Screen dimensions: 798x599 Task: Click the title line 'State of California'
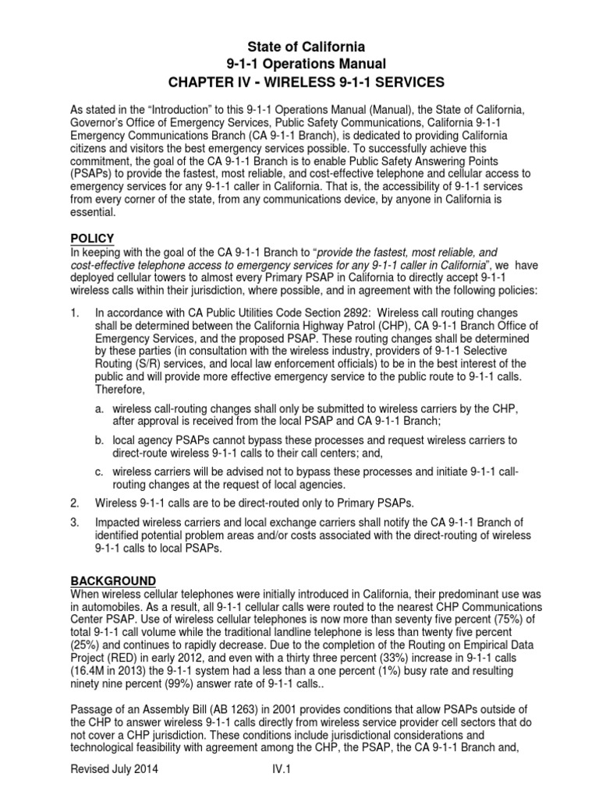coord(299,47)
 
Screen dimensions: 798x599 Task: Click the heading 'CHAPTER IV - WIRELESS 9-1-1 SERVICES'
coord(299,81)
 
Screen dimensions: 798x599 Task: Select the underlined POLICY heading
coord(92,238)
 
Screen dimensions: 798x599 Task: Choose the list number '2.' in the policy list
coord(76,503)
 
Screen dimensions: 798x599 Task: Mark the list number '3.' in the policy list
coord(76,522)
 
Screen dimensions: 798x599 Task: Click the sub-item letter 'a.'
coord(101,409)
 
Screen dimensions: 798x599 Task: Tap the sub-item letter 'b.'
coord(101,440)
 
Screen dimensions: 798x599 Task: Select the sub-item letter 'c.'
coord(101,471)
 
